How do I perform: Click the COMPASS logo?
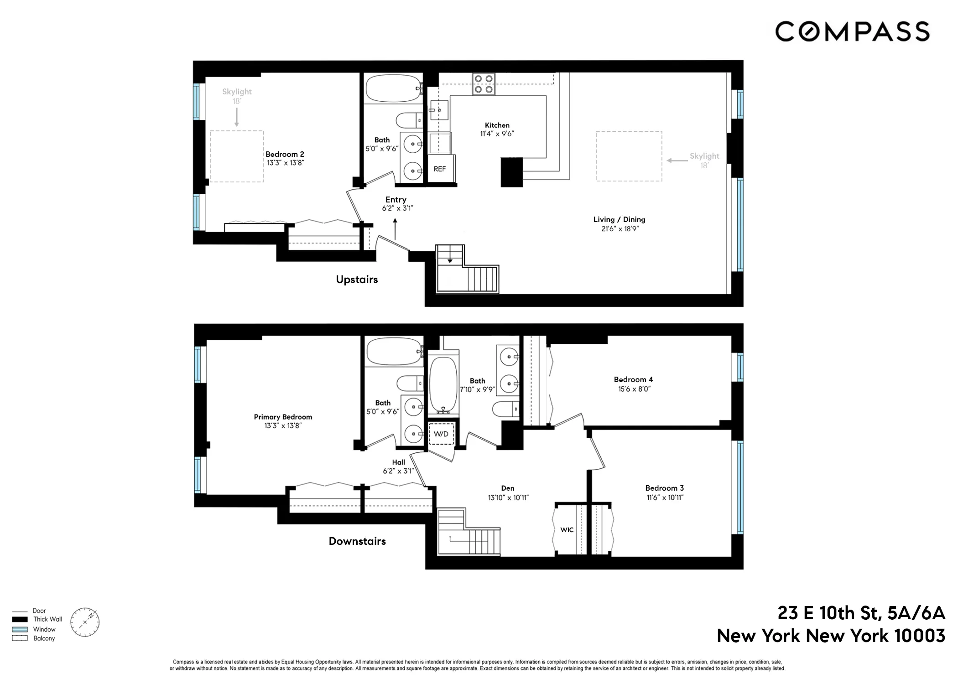pyautogui.click(x=852, y=31)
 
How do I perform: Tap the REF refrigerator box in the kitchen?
pyautogui.click(x=440, y=169)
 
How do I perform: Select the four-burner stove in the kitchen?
pyautogui.click(x=484, y=84)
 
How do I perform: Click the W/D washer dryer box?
pyautogui.click(x=441, y=434)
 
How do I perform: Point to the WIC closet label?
pyautogui.click(x=567, y=529)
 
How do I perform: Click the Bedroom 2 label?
pyautogui.click(x=285, y=154)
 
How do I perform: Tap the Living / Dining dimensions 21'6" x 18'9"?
pyautogui.click(x=620, y=229)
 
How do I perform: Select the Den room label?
pyautogui.click(x=507, y=488)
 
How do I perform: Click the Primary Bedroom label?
pyautogui.click(x=283, y=417)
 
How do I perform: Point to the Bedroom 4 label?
pyautogui.click(x=633, y=379)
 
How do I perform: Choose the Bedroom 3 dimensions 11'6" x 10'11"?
pyautogui.click(x=665, y=497)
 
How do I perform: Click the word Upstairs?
pyautogui.click(x=357, y=280)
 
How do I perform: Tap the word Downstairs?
pyautogui.click(x=357, y=541)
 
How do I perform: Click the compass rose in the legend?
pyautogui.click(x=85, y=622)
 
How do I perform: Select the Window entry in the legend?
pyautogui.click(x=44, y=629)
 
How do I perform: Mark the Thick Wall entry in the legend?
pyautogui.click(x=47, y=619)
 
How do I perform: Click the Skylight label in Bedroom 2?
pyautogui.click(x=237, y=92)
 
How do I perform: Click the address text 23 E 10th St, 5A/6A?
pyautogui.click(x=861, y=613)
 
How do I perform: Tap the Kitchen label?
pyautogui.click(x=497, y=125)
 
